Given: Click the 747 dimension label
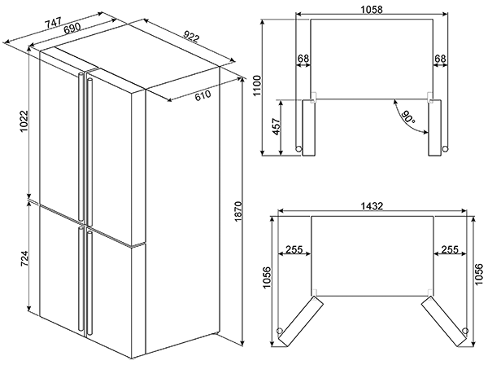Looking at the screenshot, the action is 54,23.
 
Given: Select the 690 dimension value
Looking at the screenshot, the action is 72,29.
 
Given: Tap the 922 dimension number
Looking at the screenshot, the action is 190,36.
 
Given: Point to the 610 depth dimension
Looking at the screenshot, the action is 203,95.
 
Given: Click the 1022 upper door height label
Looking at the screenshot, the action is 24,121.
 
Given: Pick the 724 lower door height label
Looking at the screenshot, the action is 24,259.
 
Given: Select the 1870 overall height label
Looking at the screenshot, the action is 238,212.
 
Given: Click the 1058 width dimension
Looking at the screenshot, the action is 372,10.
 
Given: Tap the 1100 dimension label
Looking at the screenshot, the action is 258,86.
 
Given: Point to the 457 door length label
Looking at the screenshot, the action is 276,126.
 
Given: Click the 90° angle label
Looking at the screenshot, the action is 407,117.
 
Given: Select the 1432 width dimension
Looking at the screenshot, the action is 372,206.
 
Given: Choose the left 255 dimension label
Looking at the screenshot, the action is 294,249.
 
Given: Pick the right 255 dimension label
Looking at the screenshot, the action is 450,249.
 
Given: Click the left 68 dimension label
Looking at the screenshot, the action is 303,59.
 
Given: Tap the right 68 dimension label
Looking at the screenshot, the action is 440,59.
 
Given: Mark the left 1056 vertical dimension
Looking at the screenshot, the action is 267,278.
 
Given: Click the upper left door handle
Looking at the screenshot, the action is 81,147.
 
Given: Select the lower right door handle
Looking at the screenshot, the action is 89,282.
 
